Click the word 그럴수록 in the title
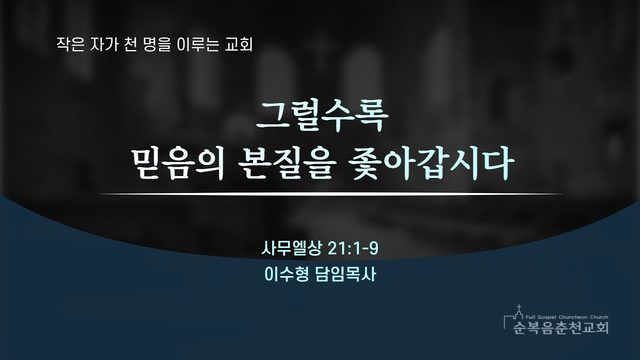point(322,116)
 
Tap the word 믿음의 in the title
point(178,164)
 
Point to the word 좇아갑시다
point(431,164)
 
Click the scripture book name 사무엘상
point(291,248)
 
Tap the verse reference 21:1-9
point(353,248)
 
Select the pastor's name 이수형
point(287,274)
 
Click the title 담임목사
point(346,274)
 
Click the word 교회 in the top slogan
point(239,44)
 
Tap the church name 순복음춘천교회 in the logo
point(561,327)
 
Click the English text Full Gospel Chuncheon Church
point(567,317)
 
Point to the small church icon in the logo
point(518,312)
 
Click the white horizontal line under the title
point(331,194)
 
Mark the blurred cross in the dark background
point(321,51)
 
